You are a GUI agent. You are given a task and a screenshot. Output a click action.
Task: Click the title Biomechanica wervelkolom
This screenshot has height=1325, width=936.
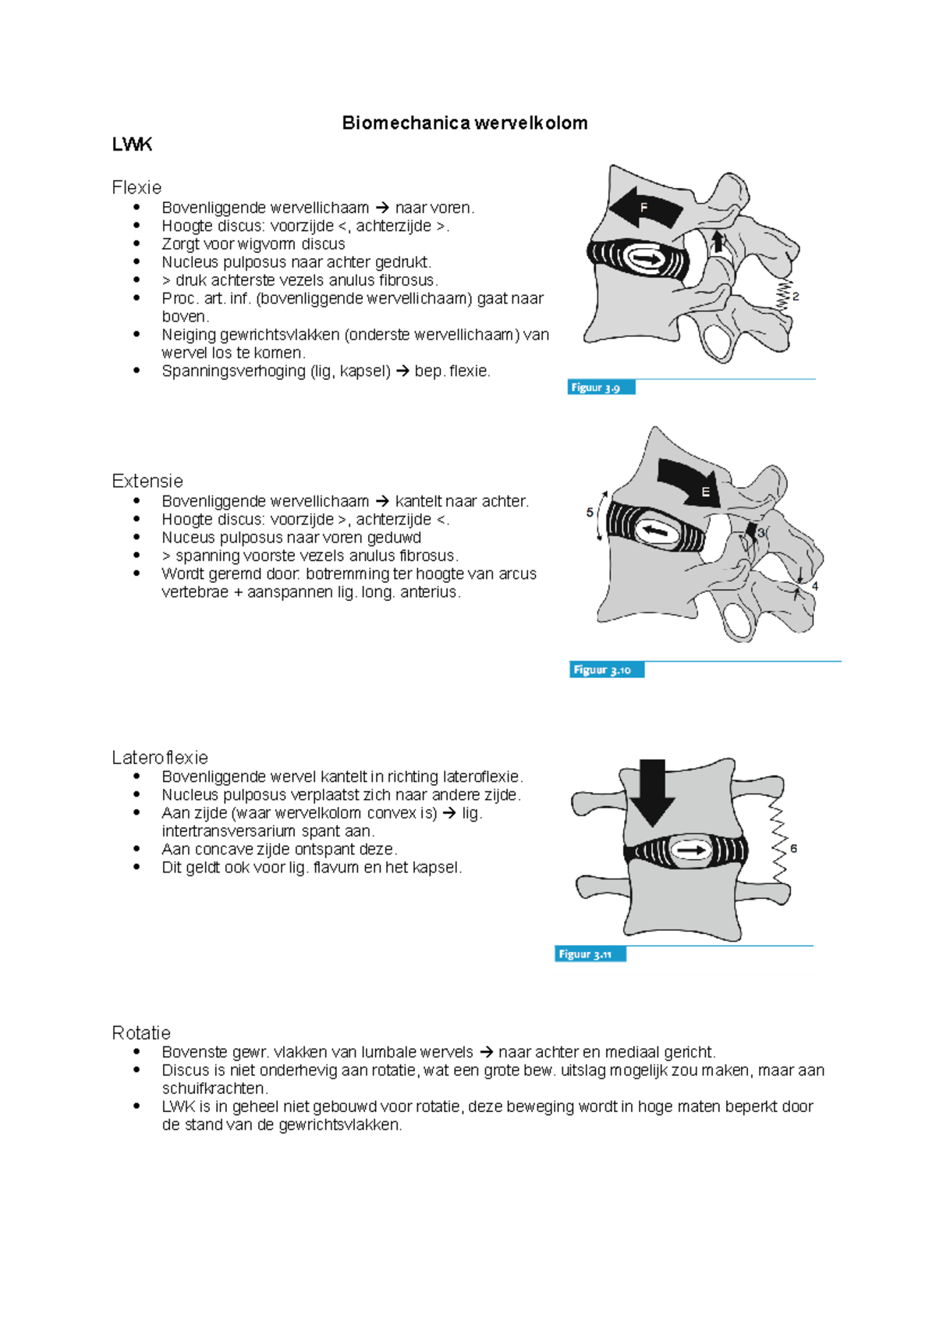click(465, 123)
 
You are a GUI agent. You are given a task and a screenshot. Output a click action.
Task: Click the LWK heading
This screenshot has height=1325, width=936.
click(132, 144)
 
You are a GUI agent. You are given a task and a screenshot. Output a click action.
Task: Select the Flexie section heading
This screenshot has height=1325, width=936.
click(136, 188)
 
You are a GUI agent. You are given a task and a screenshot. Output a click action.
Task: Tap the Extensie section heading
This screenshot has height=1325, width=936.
click(147, 481)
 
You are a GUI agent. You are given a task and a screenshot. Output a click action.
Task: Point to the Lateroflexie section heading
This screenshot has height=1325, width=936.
click(160, 758)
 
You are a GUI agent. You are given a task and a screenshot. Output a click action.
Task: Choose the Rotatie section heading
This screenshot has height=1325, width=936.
click(141, 1033)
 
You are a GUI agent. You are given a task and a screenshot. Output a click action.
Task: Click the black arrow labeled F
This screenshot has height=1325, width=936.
click(646, 208)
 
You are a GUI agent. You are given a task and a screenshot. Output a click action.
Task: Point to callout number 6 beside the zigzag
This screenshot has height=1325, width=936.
click(793, 849)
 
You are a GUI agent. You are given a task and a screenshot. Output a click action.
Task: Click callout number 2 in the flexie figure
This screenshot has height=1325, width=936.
click(796, 297)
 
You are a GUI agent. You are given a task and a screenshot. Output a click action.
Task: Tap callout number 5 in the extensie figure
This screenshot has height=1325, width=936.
click(590, 513)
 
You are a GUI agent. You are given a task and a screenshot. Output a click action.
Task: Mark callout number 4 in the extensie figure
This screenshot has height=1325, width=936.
click(815, 586)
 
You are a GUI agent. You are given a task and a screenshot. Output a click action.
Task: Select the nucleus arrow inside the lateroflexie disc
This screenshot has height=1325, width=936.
click(690, 850)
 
